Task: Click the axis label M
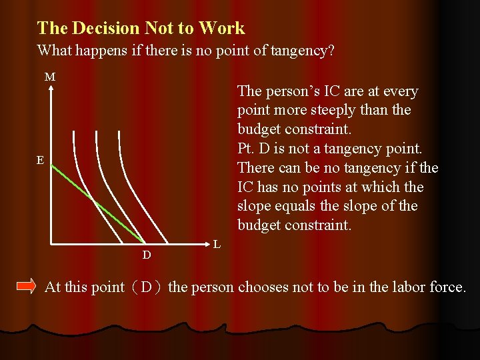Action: pos(50,77)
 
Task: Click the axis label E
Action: pos(41,160)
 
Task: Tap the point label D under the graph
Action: pos(147,255)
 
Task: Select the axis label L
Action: pos(217,245)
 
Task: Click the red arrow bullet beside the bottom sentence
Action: pos(26,287)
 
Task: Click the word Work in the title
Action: pos(222,28)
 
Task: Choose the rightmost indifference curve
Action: pos(127,167)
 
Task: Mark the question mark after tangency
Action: pos(331,51)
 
